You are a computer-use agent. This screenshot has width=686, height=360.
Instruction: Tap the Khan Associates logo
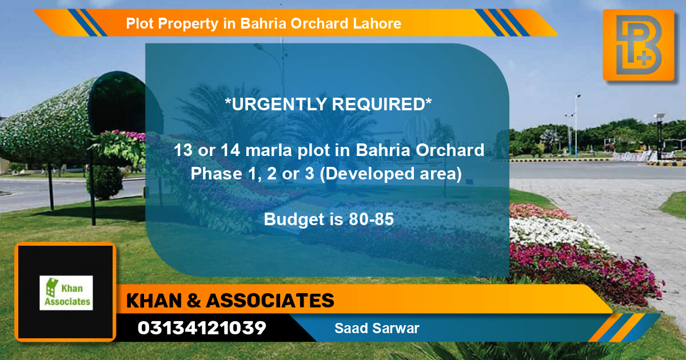coord(66,293)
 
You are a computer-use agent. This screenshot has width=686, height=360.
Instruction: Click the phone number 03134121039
coord(202,328)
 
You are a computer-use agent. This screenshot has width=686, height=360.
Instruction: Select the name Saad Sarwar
coord(377,329)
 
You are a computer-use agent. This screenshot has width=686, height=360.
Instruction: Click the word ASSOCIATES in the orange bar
coord(269,300)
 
